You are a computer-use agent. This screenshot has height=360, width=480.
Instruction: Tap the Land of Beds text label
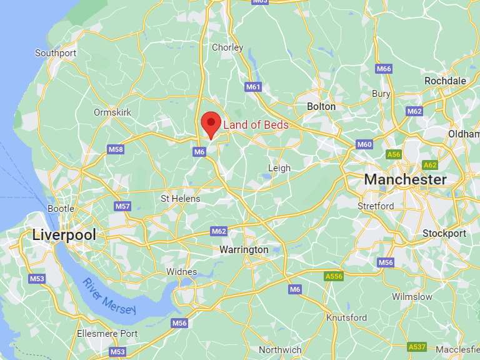pyautogui.click(x=256, y=125)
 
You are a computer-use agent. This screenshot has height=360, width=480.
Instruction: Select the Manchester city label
pyautogui.click(x=405, y=179)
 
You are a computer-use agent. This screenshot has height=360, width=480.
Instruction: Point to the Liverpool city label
pyautogui.click(x=64, y=235)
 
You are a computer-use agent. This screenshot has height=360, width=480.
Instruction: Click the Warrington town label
pyautogui.click(x=244, y=249)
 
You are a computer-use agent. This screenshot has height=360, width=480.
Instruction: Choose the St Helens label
pyautogui.click(x=181, y=199)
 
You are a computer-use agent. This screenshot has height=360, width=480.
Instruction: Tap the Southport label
pyautogui.click(x=56, y=53)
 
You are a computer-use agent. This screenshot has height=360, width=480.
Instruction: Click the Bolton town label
pyautogui.click(x=321, y=107)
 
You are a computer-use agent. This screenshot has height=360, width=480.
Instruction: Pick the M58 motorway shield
pyautogui.click(x=116, y=149)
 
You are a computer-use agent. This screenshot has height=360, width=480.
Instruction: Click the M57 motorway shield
pyautogui.click(x=122, y=206)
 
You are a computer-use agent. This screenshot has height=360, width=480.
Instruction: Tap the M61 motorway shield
pyautogui.click(x=253, y=87)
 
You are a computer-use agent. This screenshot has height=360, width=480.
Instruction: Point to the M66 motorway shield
pyautogui.click(x=384, y=68)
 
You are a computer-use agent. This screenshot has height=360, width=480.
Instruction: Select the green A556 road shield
pyautogui.click(x=334, y=276)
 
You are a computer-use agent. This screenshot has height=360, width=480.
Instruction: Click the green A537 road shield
pyautogui.click(x=416, y=346)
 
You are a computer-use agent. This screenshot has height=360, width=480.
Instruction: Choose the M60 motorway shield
pyautogui.click(x=364, y=144)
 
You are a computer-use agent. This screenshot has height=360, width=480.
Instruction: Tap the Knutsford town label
pyautogui.click(x=347, y=317)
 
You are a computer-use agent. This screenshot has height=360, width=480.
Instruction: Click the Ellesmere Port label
pyautogui.click(x=107, y=334)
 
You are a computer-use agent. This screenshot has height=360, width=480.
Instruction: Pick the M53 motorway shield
pyautogui.click(x=37, y=279)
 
